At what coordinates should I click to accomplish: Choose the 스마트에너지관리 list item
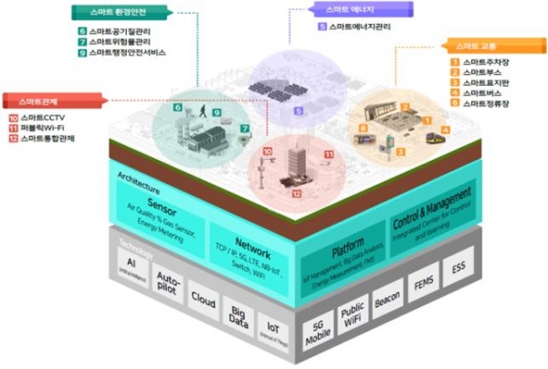tap(360, 27)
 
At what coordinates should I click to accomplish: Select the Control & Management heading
tap(432, 209)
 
